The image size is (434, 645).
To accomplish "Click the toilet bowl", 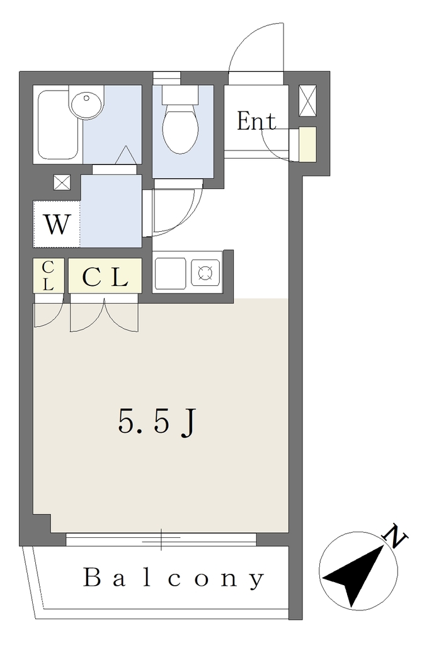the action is point(181,128).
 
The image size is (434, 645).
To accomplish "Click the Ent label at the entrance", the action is point(256,122).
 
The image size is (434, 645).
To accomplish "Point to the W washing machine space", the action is point(56,224).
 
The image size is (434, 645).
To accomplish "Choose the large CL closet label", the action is point(105,278).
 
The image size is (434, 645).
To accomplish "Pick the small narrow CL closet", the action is point(48,275).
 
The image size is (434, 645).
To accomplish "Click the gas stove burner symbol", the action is point(205,272).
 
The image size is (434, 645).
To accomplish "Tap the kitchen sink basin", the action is point(170,272).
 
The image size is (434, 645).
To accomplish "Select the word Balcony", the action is point(173,578).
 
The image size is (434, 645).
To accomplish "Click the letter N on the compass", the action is point(395,536).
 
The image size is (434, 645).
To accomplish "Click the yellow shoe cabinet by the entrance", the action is point(307,144).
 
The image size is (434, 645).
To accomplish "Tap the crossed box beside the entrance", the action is point(307,101).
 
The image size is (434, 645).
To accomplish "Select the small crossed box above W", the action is point(62,182).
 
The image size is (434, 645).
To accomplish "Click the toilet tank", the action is point(180,94).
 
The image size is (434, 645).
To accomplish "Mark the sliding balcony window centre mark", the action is point(161,539).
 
